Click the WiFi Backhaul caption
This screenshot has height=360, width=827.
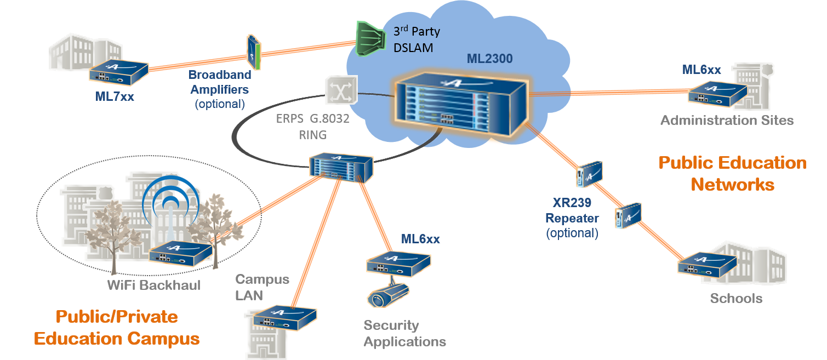click(154, 285)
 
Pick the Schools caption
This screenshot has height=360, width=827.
click(736, 299)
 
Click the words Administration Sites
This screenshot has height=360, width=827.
click(727, 121)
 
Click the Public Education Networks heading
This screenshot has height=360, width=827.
click(732, 173)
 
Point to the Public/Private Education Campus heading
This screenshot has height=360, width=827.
click(117, 328)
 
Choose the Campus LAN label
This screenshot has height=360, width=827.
click(262, 287)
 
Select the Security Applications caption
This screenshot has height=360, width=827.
click(404, 334)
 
